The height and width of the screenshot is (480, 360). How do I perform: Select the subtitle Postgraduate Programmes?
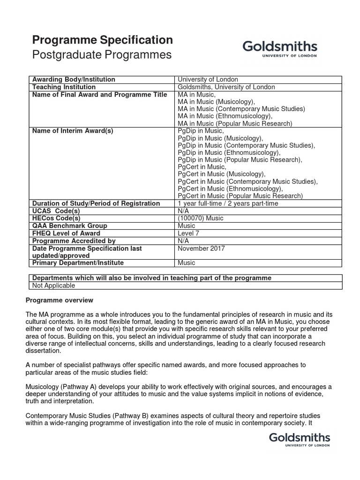(x=101, y=55)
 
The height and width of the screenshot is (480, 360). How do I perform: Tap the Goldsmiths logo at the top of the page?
(x=279, y=48)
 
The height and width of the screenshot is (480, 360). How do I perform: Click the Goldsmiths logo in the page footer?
(x=300, y=440)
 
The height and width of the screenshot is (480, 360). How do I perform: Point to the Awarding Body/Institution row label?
(x=73, y=79)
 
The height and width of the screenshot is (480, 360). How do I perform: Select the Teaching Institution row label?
(x=64, y=87)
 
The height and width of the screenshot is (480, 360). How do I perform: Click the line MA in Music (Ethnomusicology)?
(x=225, y=116)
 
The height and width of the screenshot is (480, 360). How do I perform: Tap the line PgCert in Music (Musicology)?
(x=221, y=174)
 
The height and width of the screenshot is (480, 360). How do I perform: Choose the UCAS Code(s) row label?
(x=56, y=210)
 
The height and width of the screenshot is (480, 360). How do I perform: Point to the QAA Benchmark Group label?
(x=69, y=225)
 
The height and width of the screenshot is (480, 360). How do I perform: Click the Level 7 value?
(x=189, y=233)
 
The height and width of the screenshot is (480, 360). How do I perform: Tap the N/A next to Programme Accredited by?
(x=184, y=240)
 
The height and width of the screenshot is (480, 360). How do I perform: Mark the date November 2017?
(x=202, y=248)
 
